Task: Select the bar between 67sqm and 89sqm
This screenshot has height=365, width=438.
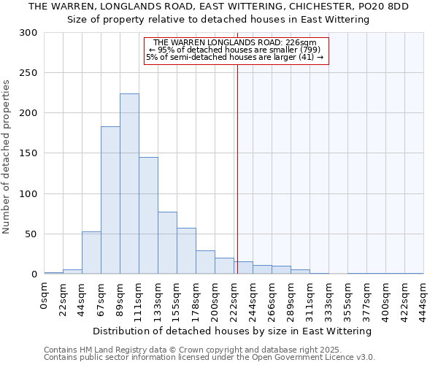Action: [110, 200]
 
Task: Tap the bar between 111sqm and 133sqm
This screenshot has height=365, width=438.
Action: [148, 215]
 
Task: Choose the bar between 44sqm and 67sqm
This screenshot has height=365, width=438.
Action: [91, 253]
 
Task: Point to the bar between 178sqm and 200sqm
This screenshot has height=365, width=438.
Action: [205, 262]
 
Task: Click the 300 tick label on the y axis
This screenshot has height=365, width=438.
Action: [28, 33]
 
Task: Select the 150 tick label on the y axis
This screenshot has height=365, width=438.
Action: [28, 153]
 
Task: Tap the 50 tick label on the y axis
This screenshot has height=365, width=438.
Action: [31, 234]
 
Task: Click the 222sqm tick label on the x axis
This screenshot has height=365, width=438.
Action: [234, 296]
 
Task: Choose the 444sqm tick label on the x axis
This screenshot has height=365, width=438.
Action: [424, 296]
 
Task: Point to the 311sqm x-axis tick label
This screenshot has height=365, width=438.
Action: [310, 296]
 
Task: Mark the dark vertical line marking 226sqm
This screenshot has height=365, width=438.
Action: [237, 168]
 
